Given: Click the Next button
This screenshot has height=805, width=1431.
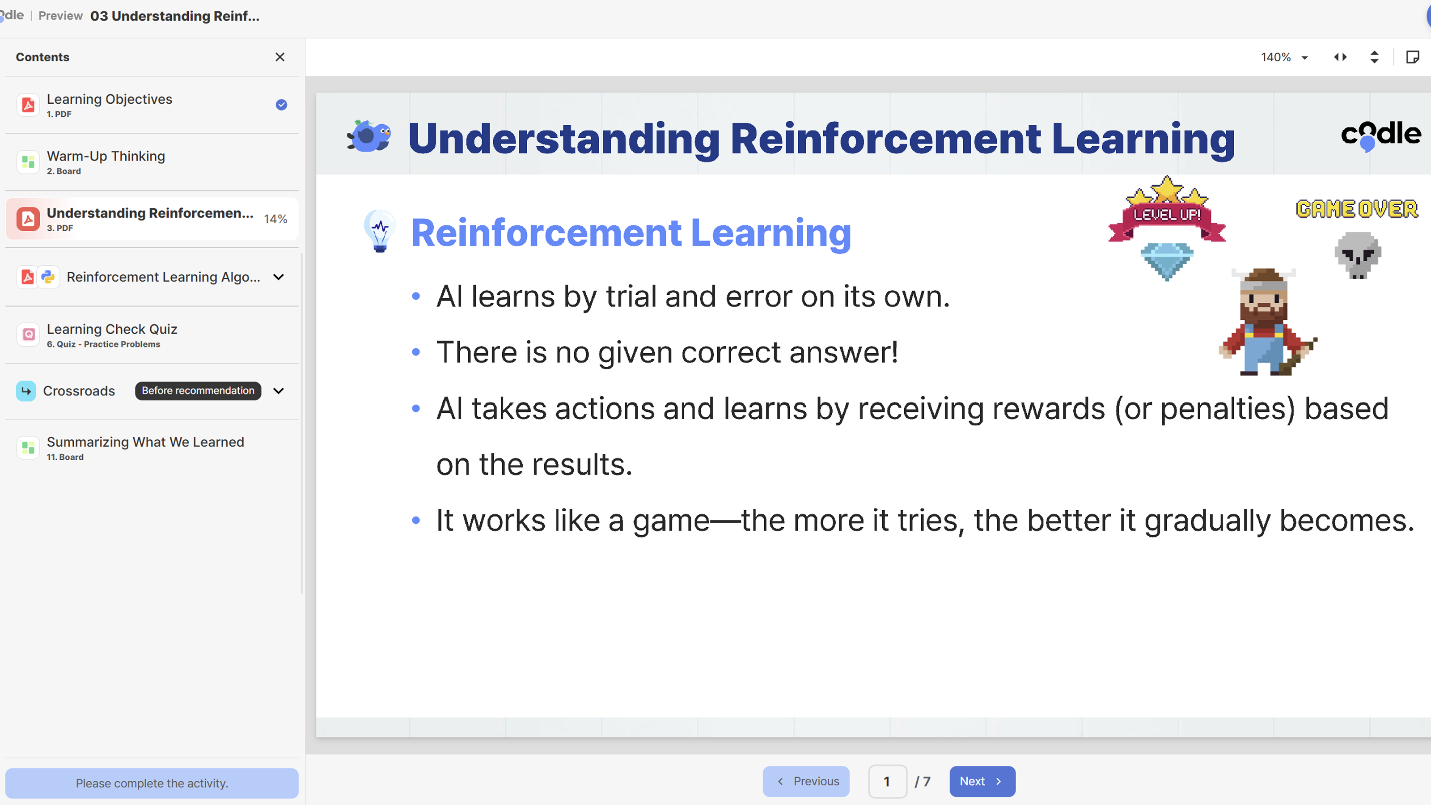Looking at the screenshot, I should click(982, 781).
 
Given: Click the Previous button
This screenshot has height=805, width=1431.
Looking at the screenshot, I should click(806, 781).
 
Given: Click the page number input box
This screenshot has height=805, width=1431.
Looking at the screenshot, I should click(887, 781).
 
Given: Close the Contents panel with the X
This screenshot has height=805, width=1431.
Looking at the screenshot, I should click(280, 57).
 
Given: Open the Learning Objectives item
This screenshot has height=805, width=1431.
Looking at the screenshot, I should click(110, 105).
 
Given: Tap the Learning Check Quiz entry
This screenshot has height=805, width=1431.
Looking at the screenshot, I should click(112, 335).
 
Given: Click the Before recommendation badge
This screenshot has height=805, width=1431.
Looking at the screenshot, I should click(198, 390).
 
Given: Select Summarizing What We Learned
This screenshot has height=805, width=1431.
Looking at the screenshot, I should click(145, 447).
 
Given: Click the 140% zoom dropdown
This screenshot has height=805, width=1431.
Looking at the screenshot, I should click(1284, 57).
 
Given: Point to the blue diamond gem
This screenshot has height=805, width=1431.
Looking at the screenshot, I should click(1167, 260).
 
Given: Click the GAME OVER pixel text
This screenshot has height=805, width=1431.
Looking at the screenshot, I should click(1357, 209).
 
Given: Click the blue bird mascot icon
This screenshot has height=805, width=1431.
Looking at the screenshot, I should click(369, 136).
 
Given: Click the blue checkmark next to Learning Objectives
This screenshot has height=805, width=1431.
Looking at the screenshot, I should click(282, 105).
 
